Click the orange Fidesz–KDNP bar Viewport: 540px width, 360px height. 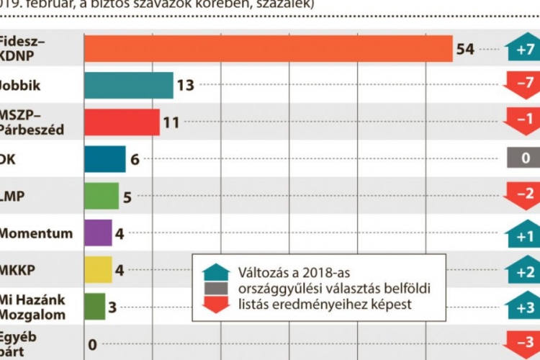[268, 49]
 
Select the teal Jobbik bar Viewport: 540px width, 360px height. [128, 86]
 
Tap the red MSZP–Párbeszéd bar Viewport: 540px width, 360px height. [121, 122]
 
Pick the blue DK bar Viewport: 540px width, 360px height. [104, 159]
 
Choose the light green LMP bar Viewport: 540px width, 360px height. [101, 196]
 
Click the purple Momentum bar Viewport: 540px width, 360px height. [98, 233]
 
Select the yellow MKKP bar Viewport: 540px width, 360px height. [98, 270]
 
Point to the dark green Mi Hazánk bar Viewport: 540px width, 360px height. [94, 307]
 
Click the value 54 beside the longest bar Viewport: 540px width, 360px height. [465, 49]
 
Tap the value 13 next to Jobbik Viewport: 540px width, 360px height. [186, 86]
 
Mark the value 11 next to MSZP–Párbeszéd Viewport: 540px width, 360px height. [171, 122]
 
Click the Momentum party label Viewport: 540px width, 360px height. [36, 233]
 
